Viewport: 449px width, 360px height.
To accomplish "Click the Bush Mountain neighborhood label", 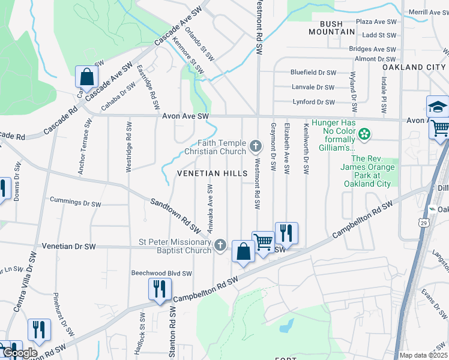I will pyautogui.click(x=327, y=28).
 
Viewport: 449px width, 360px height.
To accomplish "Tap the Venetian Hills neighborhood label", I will pyautogui.click(x=212, y=173).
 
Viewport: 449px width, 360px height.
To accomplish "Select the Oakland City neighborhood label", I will pyautogui.click(x=414, y=67).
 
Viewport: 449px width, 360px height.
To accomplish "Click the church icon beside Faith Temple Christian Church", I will pyautogui.click(x=256, y=146).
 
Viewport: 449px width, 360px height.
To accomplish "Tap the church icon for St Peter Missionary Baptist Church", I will pyautogui.click(x=220, y=245).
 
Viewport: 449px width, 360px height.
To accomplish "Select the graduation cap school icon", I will pyautogui.click(x=438, y=108).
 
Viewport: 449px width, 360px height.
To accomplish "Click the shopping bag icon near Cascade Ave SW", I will pyautogui.click(x=87, y=77).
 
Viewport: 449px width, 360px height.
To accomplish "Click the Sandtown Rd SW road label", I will pyautogui.click(x=175, y=215).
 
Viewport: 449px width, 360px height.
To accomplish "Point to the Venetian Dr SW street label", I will pyautogui.click(x=69, y=247).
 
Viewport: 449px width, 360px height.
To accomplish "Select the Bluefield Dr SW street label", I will pyautogui.click(x=313, y=72).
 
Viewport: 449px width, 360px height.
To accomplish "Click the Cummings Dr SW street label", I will pyautogui.click(x=75, y=202).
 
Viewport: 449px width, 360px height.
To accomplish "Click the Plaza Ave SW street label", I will pyautogui.click(x=376, y=22).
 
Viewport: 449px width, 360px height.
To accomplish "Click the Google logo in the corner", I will pyautogui.click(x=20, y=353).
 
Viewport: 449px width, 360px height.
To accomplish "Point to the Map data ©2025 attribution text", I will pyautogui.click(x=423, y=355).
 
